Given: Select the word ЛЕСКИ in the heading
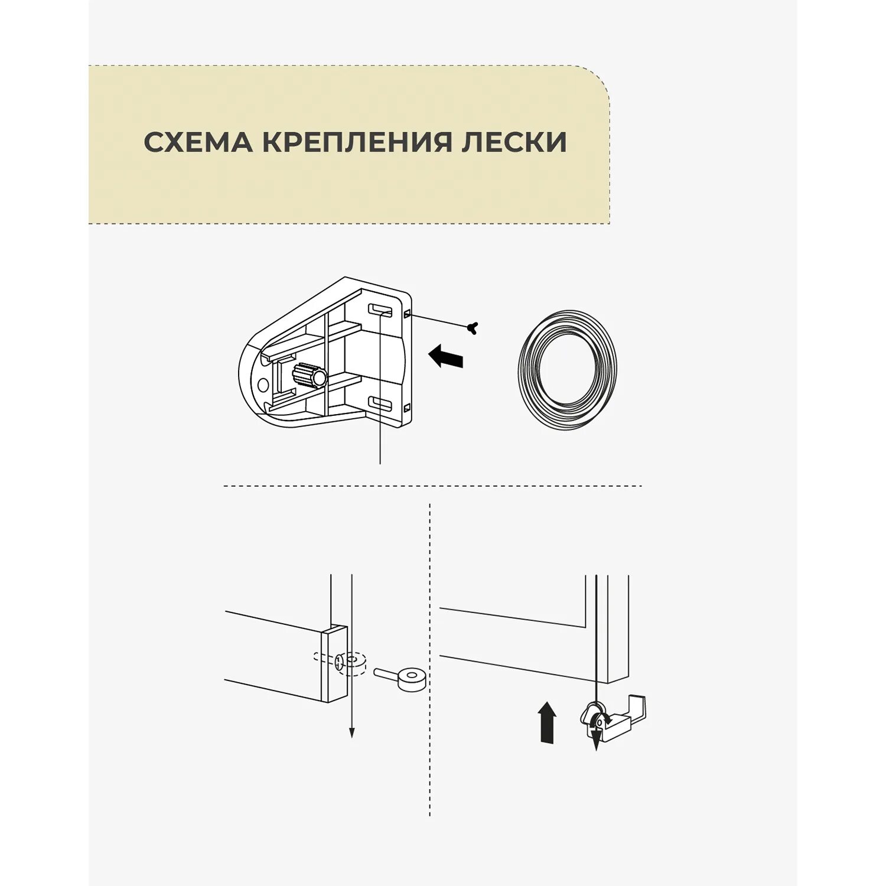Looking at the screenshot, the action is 513,142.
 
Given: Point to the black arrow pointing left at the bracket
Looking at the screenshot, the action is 446,357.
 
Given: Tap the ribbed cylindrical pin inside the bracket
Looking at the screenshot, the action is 309,375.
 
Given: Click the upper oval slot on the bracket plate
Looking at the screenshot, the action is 381,310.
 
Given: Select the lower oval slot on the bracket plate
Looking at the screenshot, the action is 381,404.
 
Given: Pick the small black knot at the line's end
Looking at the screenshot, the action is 472,327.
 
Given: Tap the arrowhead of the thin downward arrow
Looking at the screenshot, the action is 351,733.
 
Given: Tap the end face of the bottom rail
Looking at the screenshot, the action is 334,664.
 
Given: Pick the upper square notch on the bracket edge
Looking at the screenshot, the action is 408,314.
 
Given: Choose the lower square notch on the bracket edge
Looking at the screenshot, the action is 408,408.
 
